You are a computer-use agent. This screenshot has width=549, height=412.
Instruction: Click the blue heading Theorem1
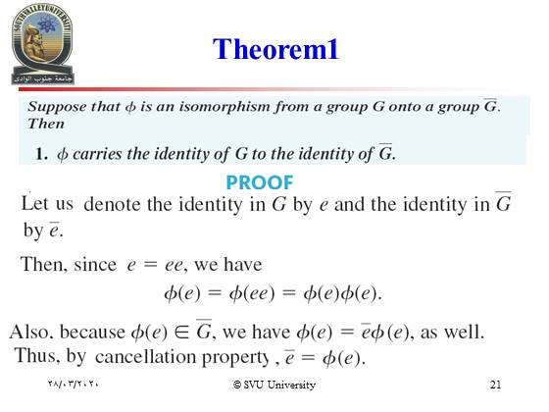tap(275, 49)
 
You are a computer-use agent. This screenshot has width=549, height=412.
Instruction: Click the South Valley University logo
tap(42, 44)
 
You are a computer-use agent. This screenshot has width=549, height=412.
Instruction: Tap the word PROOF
tap(260, 182)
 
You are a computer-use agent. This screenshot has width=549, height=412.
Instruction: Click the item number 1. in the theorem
tap(41, 154)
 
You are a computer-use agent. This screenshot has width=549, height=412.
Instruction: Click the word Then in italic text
tap(46, 124)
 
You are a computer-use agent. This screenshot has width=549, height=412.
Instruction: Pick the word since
tap(95, 264)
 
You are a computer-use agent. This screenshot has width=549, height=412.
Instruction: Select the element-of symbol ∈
tap(181, 332)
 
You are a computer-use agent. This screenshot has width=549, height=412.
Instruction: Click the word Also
tap(30, 332)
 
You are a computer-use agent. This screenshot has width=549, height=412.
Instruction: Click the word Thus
tap(36, 355)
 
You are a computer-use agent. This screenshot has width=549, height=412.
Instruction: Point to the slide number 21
tap(495, 385)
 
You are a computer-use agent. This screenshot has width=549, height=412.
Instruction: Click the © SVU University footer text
tap(274, 385)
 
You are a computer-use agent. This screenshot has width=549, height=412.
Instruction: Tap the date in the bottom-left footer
tap(73, 384)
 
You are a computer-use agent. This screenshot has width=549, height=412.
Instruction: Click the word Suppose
tap(57, 107)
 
